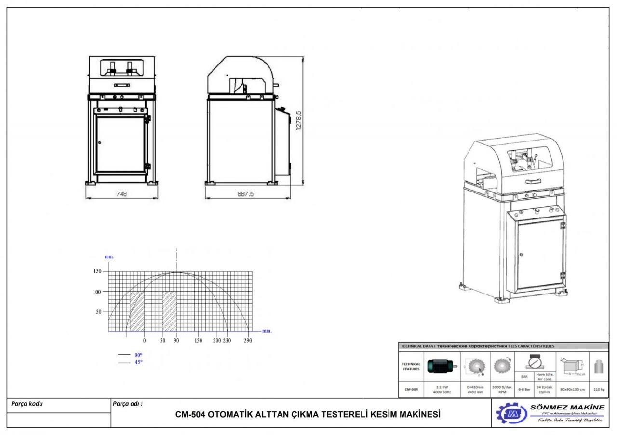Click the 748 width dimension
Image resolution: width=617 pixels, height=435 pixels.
coord(122,194)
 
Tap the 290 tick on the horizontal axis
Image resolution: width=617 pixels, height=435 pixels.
coord(248,340)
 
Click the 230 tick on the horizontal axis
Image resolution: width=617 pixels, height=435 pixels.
coord(228,340)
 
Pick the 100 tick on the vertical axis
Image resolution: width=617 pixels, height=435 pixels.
coord(97,292)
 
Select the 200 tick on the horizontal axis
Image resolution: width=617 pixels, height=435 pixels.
coord(216,340)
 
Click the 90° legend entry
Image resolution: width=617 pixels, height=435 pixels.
coord(138,355)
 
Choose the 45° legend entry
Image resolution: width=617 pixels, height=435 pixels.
coord(138,362)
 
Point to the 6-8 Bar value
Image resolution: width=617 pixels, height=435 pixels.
coord(524,390)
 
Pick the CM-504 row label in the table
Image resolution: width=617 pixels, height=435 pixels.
coord(410,390)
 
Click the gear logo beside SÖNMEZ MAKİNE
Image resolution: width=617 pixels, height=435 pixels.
coord(511,413)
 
